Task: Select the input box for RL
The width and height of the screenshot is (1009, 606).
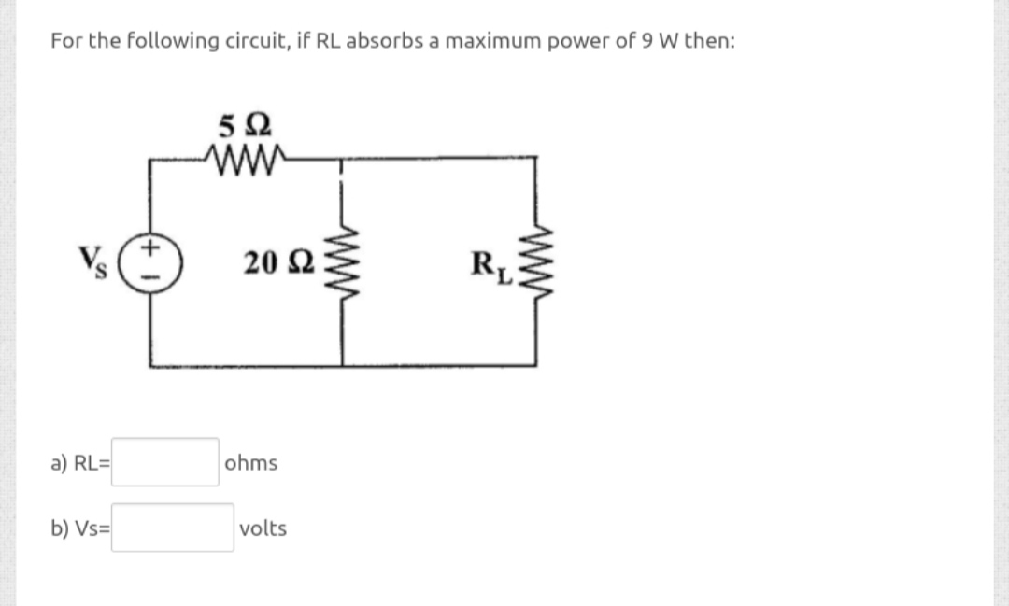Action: pos(166,462)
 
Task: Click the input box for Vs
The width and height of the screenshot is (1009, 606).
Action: pos(174,528)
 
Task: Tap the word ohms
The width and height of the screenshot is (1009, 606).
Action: pos(250,463)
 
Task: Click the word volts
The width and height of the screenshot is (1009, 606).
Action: pos(263,528)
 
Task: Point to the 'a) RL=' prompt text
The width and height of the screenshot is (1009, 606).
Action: pos(81,463)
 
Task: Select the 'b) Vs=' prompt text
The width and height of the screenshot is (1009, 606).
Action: pos(81,529)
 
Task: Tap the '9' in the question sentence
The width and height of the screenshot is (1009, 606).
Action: pos(648,41)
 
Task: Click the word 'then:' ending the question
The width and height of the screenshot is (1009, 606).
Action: pos(709,41)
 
